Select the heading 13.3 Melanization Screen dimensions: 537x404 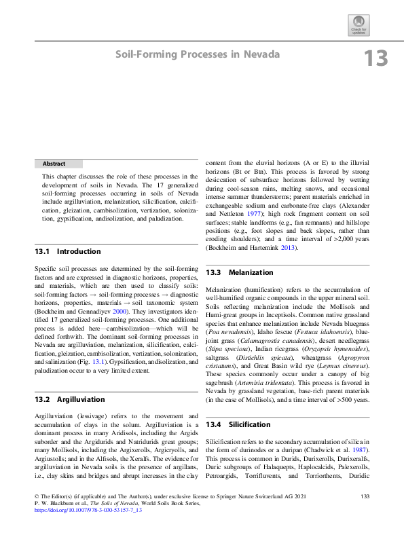pyautogui.click(x=240, y=272)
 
